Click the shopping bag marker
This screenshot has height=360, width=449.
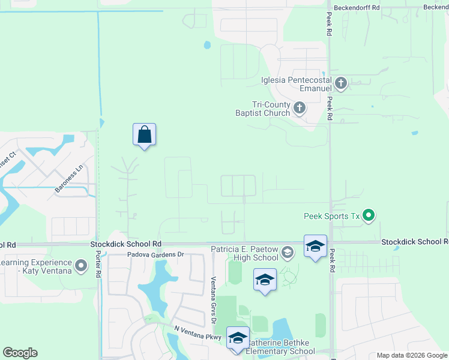144,134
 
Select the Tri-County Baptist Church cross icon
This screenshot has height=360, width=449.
299,108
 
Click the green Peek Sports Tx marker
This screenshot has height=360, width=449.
369,215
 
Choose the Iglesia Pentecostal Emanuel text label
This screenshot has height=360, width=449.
297,83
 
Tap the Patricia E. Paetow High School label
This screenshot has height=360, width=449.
244,253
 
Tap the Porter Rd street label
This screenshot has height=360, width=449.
97,263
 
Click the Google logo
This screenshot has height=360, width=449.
20,353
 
